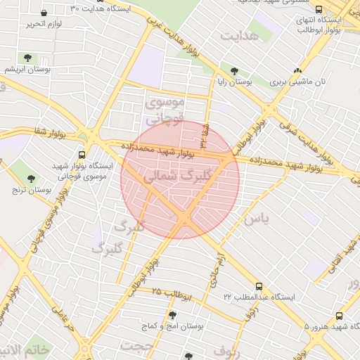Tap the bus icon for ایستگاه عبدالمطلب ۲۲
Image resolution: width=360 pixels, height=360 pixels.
point(259,286)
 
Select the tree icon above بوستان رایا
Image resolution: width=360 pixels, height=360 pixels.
point(234,70)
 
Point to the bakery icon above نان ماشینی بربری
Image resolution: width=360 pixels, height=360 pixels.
point(298,70)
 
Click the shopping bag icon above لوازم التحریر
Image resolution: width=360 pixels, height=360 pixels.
point(44,13)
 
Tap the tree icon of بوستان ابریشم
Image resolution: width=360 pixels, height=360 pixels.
point(27,57)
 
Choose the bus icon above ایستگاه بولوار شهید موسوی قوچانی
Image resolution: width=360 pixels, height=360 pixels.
point(82,155)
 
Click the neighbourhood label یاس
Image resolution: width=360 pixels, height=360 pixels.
point(256,219)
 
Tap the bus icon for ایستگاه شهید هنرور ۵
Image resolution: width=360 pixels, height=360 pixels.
point(340,316)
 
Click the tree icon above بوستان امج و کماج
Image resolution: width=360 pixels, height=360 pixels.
point(173,315)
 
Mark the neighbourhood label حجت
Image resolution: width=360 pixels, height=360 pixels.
point(136,346)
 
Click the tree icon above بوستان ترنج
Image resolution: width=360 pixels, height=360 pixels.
point(30,178)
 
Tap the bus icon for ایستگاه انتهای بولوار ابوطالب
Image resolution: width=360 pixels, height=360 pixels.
point(319,10)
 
